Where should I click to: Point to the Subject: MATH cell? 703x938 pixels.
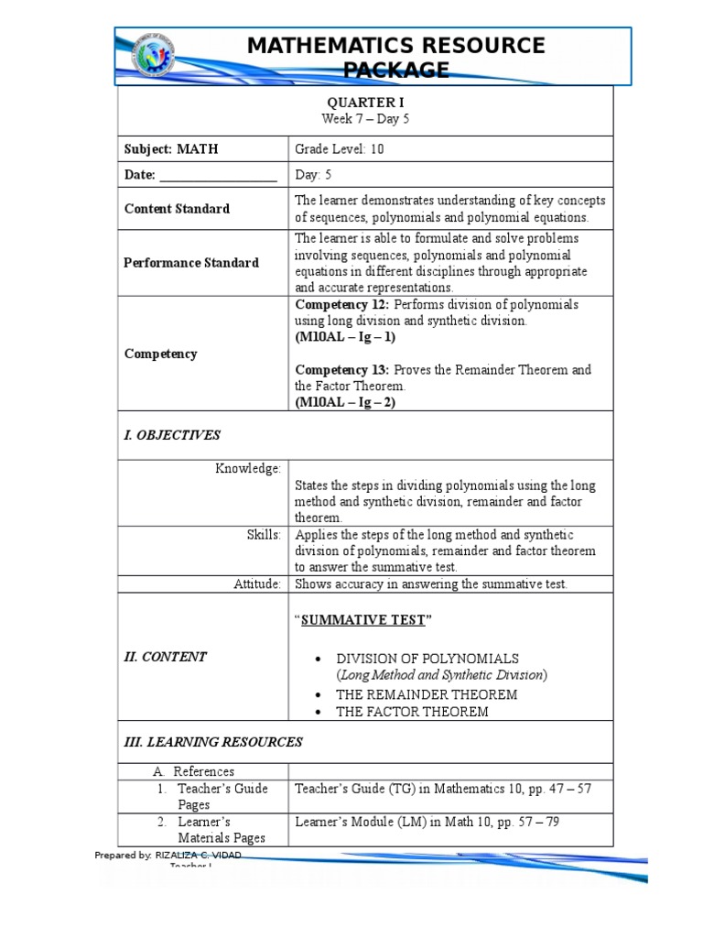[171, 149]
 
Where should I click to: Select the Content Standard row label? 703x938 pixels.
[177, 209]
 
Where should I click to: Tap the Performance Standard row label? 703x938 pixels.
[191, 263]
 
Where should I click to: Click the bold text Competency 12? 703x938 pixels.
[341, 304]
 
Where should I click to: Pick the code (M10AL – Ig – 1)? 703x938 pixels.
[345, 337]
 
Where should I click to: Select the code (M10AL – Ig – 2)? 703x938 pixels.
[345, 403]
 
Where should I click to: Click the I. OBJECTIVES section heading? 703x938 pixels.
[172, 435]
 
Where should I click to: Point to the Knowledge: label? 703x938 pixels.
[248, 469]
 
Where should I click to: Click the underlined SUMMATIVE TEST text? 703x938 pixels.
[363, 620]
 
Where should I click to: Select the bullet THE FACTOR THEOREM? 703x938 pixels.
[412, 712]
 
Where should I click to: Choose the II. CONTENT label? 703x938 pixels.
[166, 657]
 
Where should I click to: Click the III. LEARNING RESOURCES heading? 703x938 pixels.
[212, 742]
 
